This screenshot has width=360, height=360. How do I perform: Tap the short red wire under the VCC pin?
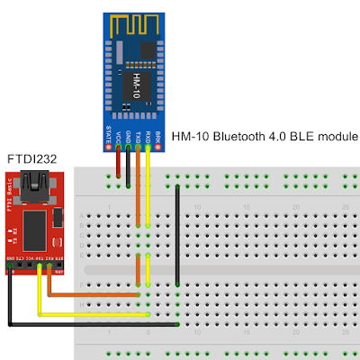coord(118,164)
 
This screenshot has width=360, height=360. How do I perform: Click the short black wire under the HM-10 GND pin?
coord(128,164)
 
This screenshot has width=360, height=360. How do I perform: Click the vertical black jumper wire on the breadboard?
coord(178,252)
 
